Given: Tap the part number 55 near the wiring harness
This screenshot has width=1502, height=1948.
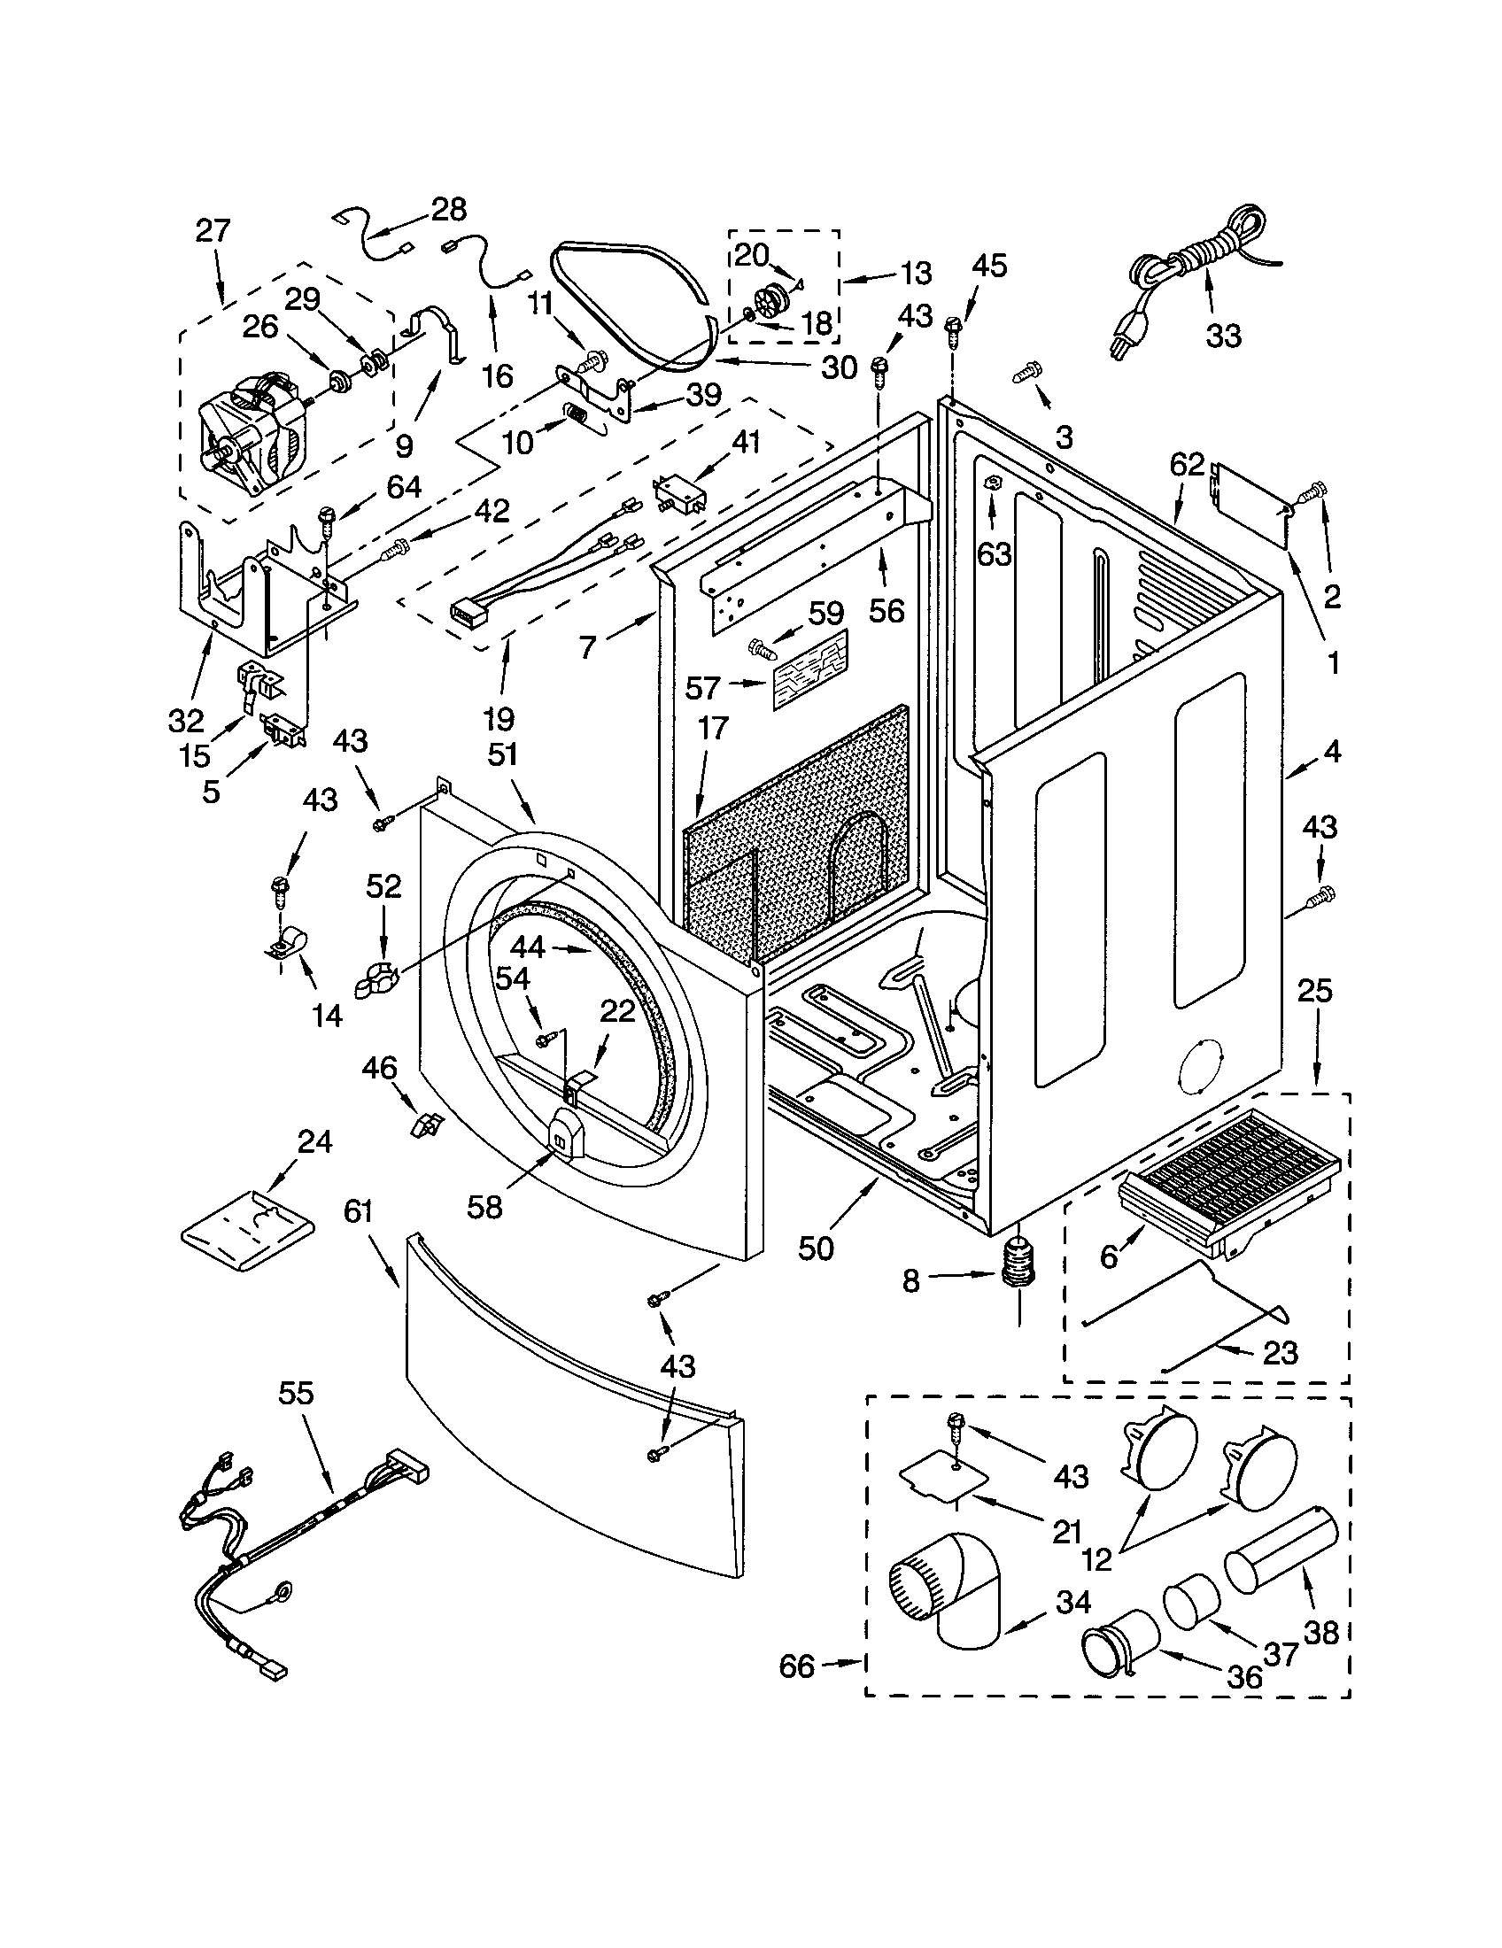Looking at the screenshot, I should click(x=296, y=1392).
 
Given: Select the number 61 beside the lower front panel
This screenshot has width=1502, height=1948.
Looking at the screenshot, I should click(x=358, y=1212).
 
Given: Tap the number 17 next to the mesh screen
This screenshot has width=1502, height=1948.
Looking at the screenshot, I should click(x=712, y=729).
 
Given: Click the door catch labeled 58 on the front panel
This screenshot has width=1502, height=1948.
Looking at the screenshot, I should click(x=562, y=1132).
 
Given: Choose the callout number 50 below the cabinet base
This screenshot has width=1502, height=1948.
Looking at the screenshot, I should click(x=816, y=1248).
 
